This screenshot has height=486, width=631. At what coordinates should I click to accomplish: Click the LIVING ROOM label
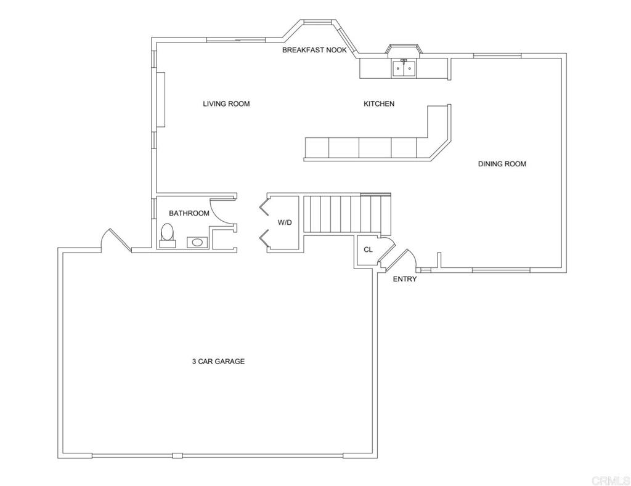226,104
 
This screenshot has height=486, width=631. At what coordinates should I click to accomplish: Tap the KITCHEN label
379,104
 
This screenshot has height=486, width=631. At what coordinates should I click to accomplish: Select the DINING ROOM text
502,164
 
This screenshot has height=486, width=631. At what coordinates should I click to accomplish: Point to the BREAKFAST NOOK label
314,50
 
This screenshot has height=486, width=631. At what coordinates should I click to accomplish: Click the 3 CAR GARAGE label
218,362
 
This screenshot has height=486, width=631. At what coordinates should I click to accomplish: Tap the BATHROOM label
189,213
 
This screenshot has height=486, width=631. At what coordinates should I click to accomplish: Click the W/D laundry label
285,222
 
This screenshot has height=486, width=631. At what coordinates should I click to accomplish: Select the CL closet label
368,249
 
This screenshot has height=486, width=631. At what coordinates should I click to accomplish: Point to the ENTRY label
405,279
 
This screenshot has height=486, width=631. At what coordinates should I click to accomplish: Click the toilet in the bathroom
168,235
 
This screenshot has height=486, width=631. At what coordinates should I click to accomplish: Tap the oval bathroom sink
197,242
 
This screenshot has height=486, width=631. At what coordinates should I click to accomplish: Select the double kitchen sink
404,69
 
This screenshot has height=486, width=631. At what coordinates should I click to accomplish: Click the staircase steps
347,214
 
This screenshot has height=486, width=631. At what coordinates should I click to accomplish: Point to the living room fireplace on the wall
161,99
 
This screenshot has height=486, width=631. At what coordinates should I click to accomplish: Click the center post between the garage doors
177,456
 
